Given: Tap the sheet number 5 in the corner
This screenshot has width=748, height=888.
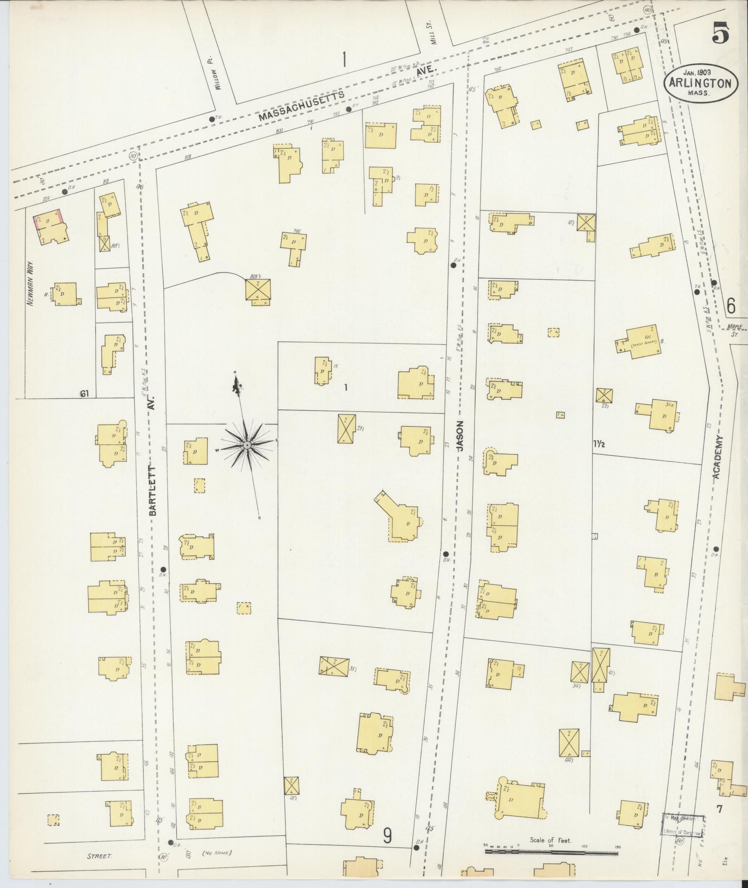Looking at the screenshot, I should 721,33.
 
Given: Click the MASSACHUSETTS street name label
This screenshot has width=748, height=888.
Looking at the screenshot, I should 301,105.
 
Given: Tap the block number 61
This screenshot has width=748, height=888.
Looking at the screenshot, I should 84,394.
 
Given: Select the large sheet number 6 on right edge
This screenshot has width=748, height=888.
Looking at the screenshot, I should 731,306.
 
